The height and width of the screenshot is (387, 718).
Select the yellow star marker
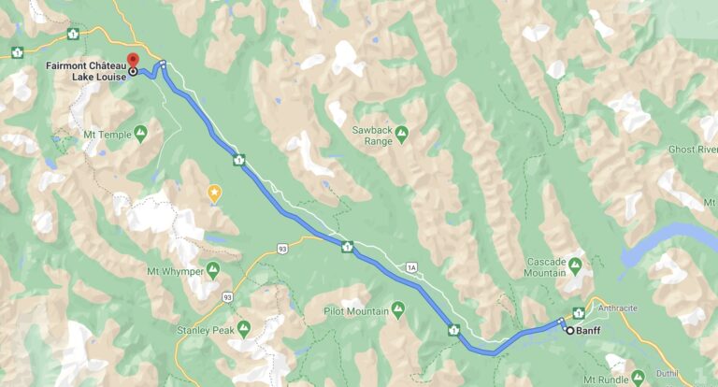point(214,193)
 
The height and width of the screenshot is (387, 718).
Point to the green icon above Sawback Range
point(401,132)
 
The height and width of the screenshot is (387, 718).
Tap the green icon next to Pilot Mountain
point(399,308)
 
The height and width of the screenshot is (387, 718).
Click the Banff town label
point(587,329)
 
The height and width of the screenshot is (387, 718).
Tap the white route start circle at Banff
point(568,329)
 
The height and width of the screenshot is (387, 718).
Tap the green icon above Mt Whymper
point(212,271)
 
